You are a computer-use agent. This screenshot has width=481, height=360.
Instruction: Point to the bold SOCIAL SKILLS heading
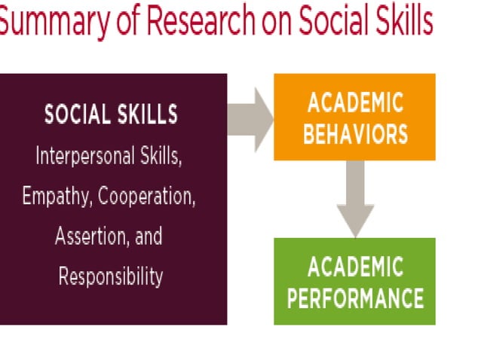coord(111,114)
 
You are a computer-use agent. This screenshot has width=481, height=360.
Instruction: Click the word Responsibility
coord(111,276)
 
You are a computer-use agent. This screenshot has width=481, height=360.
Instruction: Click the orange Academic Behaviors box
coord(354,117)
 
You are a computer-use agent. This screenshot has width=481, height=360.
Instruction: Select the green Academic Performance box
coord(354,281)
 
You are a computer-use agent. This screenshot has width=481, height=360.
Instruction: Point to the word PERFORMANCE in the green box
coord(354,298)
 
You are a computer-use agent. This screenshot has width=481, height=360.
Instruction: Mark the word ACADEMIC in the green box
coord(354,266)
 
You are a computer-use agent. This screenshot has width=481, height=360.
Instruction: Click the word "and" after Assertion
coord(148,236)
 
